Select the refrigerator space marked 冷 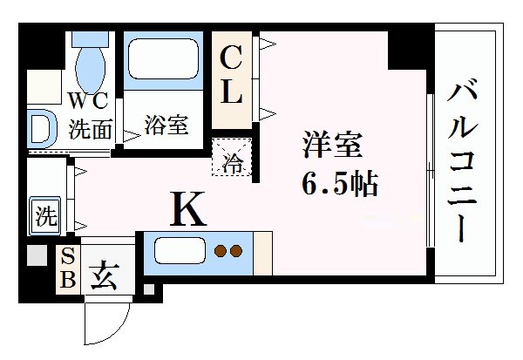point(234,160)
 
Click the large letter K point(187,210)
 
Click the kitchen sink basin point(180,253)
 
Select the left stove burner point(221,253)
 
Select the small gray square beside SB point(36,257)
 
